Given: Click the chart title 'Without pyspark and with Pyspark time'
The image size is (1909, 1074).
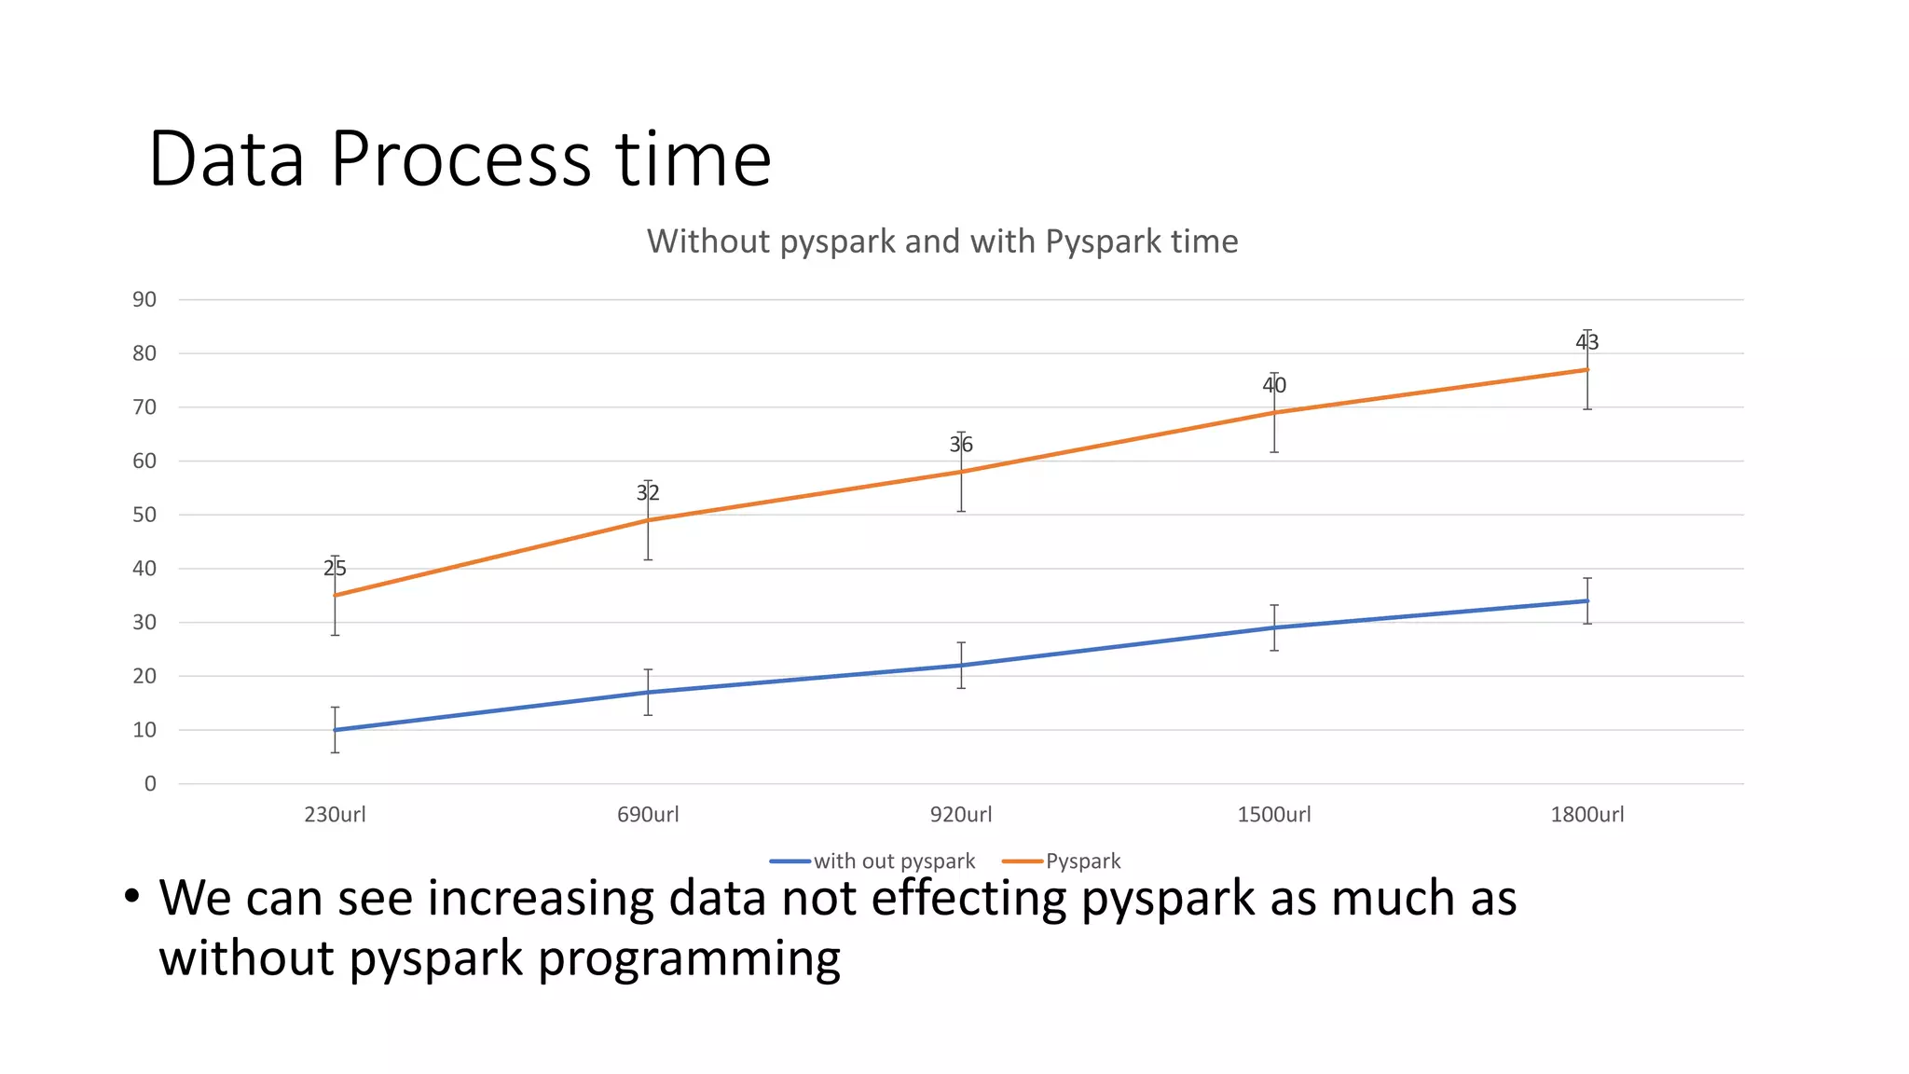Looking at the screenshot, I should coord(942,241).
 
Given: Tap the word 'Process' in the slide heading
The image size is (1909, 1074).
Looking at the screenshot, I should coord(460,159).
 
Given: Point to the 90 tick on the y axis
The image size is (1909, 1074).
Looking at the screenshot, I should coord(144,299).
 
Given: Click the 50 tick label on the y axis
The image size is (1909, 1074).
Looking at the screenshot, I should coord(144,515).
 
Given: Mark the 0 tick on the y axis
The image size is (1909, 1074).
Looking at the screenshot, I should coord(150,784).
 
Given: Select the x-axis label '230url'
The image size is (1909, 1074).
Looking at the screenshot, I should coord(335,815).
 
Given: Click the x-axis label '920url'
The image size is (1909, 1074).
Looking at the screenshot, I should coord(961,815).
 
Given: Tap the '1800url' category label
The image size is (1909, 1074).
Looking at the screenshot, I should coord(1586,815).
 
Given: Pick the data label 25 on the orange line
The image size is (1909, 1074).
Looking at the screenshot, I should coord(335,568).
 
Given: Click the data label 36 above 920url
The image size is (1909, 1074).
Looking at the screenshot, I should coord(961,445).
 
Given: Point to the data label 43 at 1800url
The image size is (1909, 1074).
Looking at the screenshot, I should coord(1586,342).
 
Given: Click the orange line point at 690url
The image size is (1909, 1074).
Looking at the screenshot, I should coord(648,520).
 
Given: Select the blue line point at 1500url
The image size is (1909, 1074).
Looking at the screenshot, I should coord(1274,627).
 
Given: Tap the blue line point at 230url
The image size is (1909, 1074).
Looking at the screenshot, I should coord(335,730).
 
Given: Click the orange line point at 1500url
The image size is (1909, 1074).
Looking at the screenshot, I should coord(1274,412).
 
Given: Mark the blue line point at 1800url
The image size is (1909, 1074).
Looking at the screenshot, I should coord(1586,601).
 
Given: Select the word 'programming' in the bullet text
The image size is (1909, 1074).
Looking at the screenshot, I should coord(689,959).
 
